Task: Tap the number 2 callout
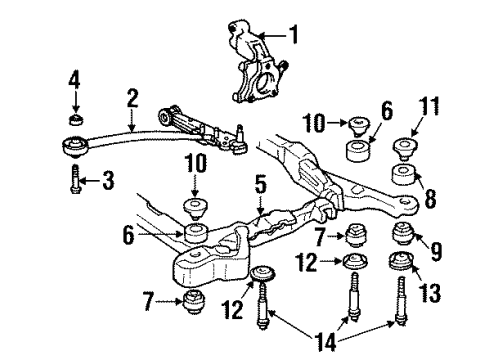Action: pyautogui.click(x=132, y=99)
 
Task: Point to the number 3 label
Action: pyautogui.click(x=72, y=79)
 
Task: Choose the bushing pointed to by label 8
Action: pyautogui.click(x=405, y=178)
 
